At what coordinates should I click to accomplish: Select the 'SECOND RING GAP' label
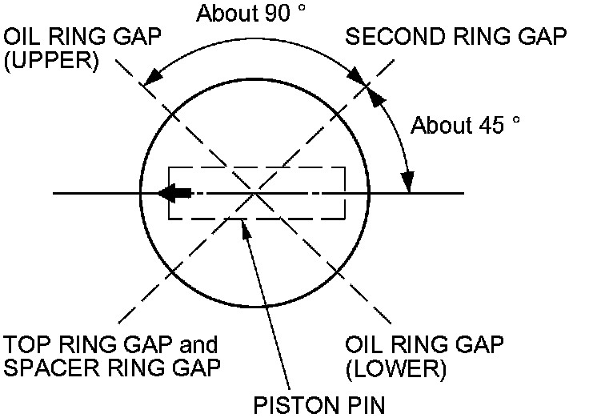point(456,37)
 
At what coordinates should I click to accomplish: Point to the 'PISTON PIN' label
point(319,405)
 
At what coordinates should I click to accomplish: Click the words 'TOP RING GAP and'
point(110,345)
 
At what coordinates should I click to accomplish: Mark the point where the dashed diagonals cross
point(255,193)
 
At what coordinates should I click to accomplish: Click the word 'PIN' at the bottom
point(367,405)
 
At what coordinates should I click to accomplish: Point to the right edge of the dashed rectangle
point(345,193)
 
